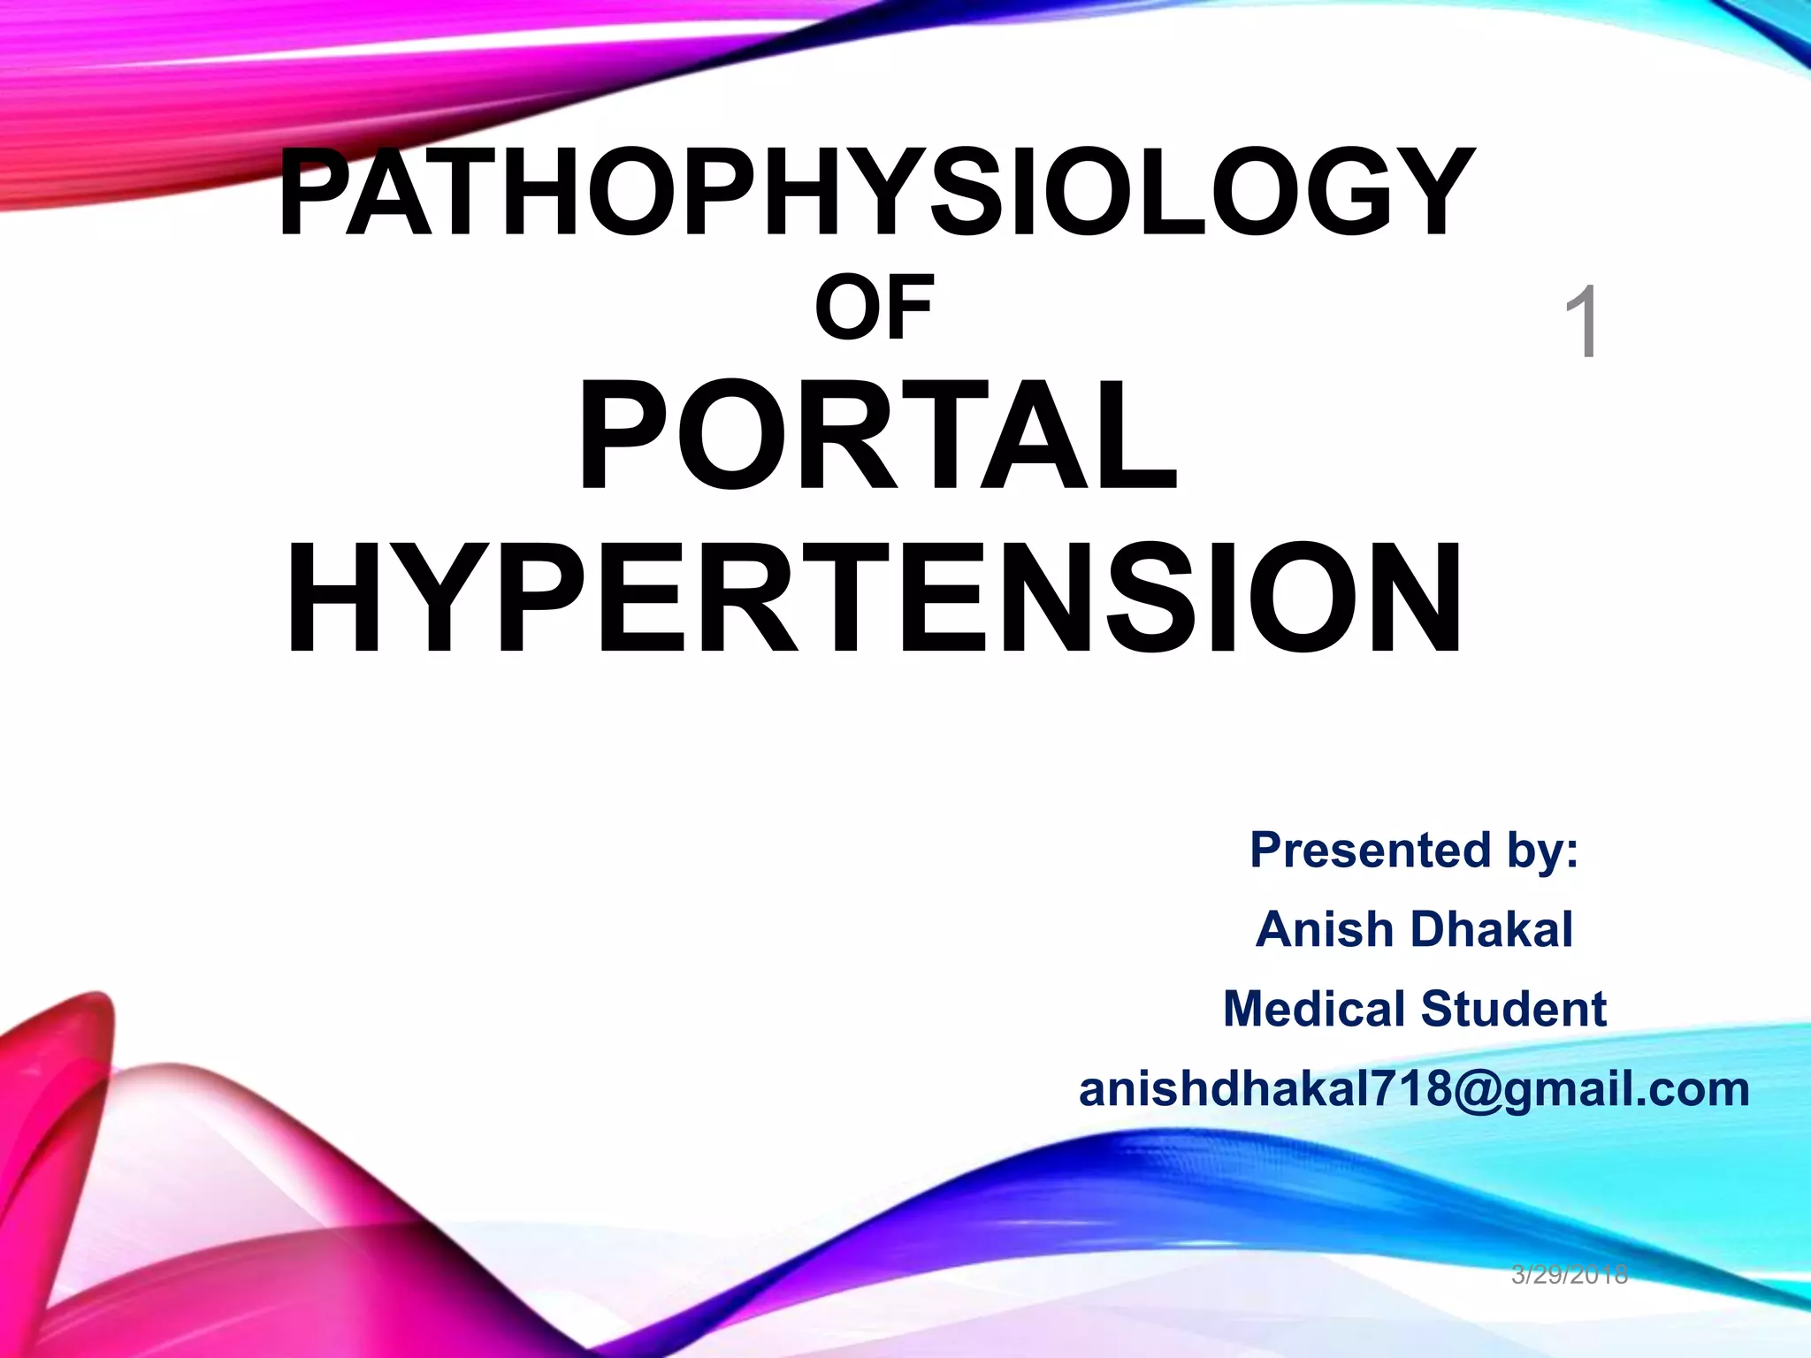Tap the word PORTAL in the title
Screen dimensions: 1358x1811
click(x=877, y=435)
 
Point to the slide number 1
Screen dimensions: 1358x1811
click(x=1582, y=323)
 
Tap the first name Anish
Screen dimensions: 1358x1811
click(x=1325, y=929)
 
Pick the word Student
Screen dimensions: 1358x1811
click(x=1514, y=1009)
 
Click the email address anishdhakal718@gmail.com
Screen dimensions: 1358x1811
click(x=1414, y=1089)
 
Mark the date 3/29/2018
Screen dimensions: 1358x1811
click(x=1570, y=1274)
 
